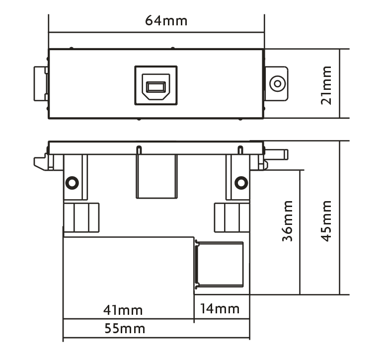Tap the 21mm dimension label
pyautogui.click(x=326, y=85)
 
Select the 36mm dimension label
pyautogui.click(x=287, y=221)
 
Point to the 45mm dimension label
pyautogui.click(x=326, y=221)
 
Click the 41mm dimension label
pyautogui.click(x=123, y=310)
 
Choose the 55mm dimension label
pyautogui.click(x=125, y=328)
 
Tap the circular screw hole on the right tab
pyautogui.click(x=277, y=83)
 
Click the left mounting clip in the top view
pyautogui.click(x=40, y=83)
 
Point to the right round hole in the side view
pyautogui.click(x=241, y=182)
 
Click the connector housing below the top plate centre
pyautogui.click(x=156, y=176)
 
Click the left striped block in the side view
pyautogui.click(x=81, y=217)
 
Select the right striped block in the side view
pyautogui.click(x=231, y=217)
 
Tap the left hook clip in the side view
pyautogui.click(x=42, y=162)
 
